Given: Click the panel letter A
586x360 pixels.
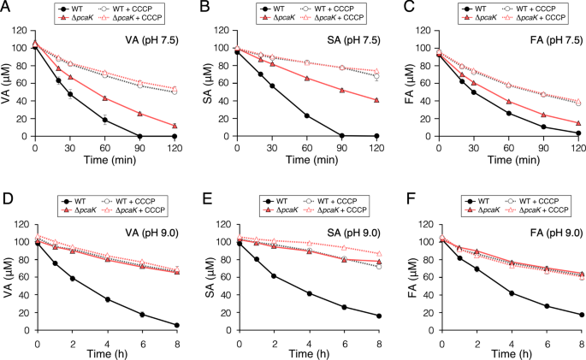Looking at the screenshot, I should (x=6, y=8).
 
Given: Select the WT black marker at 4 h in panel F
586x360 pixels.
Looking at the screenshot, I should (x=511, y=293).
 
